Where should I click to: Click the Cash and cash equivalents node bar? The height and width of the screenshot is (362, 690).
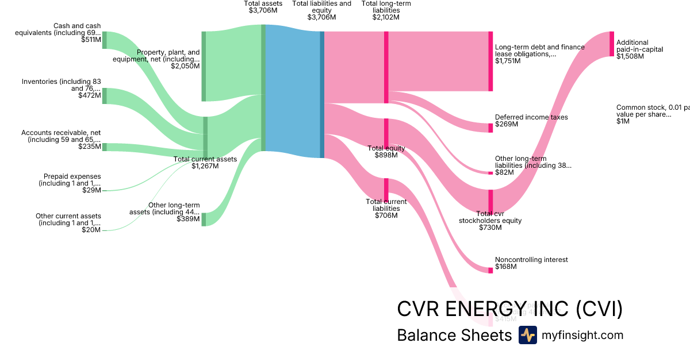pyautogui.click(x=104, y=40)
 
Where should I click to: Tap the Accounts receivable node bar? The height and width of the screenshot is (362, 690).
pyautogui.click(x=104, y=147)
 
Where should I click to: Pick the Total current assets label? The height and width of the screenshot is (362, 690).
pyautogui.click(x=205, y=159)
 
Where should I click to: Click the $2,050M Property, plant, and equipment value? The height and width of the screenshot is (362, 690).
pyautogui.click(x=185, y=66)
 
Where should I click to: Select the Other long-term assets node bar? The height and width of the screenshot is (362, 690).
pyautogui.click(x=204, y=219)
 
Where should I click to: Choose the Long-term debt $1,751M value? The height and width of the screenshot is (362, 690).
pyautogui.click(x=508, y=61)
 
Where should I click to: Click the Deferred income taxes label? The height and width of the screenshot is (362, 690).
pyautogui.click(x=531, y=117)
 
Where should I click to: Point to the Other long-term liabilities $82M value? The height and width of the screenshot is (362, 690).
pyautogui.click(x=504, y=172)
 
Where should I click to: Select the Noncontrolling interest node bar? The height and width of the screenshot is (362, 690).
pyautogui.click(x=490, y=269)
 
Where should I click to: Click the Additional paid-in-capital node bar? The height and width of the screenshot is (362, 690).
pyautogui.click(x=612, y=44)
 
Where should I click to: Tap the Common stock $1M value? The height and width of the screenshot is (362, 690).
pyautogui.click(x=622, y=121)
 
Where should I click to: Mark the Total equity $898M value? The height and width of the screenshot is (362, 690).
pyautogui.click(x=386, y=155)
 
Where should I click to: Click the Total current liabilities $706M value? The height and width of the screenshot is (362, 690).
pyautogui.click(x=386, y=215)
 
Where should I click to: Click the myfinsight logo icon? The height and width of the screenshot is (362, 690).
pyautogui.click(x=527, y=335)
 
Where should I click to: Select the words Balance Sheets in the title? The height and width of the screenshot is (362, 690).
pyautogui.click(x=454, y=335)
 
